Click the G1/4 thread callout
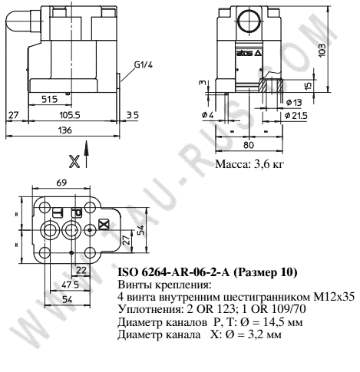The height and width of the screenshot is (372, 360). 143,65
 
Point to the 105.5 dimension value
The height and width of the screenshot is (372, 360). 70,114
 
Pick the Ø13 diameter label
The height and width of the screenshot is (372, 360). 294,102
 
